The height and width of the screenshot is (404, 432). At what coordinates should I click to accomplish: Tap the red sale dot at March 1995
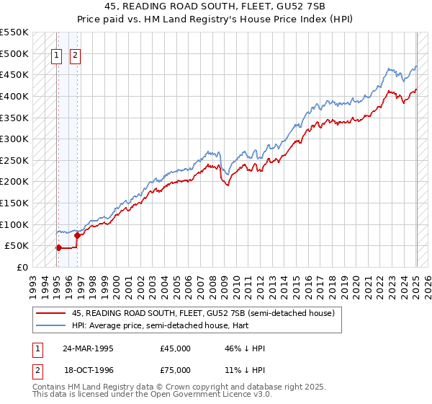(58, 247)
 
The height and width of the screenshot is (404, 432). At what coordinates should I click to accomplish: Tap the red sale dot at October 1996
(77, 234)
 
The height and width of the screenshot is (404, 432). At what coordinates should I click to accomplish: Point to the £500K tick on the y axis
(15, 53)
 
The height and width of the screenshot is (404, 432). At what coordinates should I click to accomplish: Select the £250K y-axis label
(15, 160)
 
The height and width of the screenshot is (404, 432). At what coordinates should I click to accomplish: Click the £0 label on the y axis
(22, 267)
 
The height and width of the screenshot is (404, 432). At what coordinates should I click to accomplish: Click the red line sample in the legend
(50, 314)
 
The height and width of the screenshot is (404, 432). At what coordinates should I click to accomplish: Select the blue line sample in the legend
(50, 325)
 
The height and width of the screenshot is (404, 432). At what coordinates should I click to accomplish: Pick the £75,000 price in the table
(176, 370)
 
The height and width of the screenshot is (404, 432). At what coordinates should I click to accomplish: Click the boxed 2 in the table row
(37, 370)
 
